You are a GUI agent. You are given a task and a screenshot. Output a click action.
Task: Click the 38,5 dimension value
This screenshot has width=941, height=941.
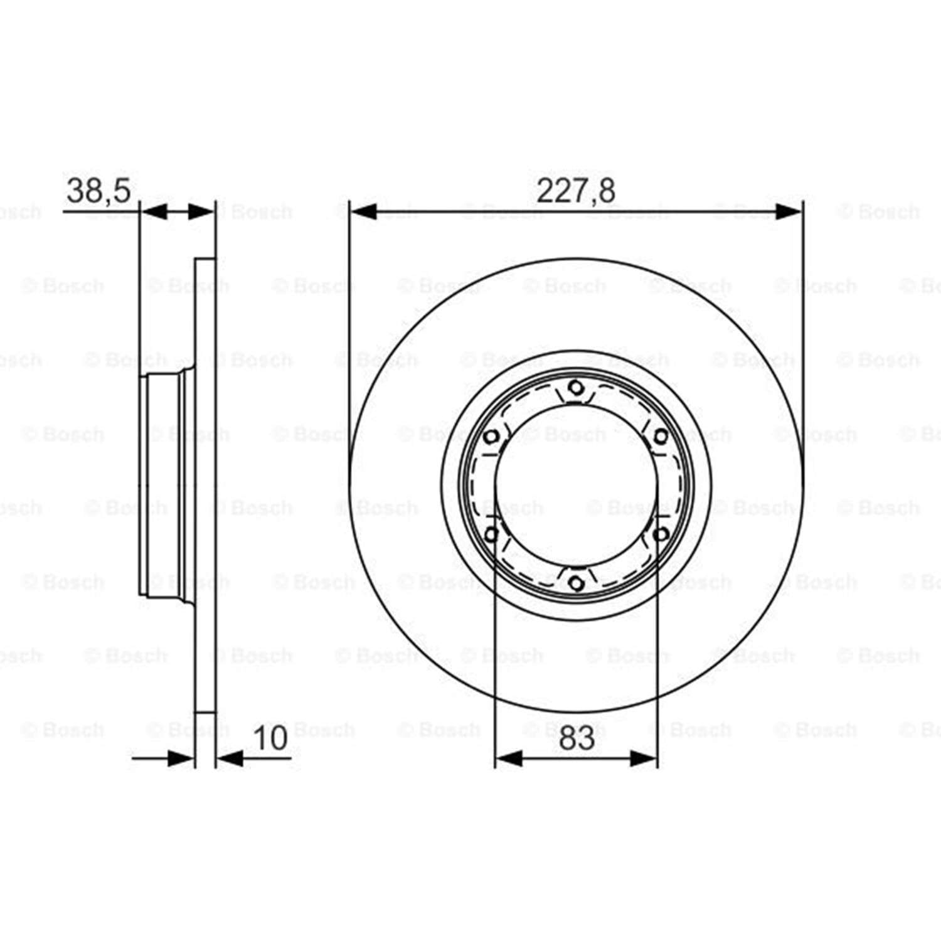(x=98, y=190)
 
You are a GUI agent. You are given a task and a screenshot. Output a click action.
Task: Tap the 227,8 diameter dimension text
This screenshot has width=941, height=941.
(x=576, y=190)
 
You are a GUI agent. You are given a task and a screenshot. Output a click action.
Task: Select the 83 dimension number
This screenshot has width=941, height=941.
(x=577, y=738)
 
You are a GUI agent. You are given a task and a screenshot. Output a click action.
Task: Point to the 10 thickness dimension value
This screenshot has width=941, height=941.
(x=270, y=738)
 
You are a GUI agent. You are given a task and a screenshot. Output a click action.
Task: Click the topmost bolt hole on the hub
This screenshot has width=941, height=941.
(x=576, y=388)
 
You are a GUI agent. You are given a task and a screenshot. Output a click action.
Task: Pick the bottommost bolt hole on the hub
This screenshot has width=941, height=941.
(x=576, y=583)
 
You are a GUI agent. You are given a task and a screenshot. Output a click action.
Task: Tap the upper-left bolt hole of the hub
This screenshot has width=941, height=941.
(x=492, y=437)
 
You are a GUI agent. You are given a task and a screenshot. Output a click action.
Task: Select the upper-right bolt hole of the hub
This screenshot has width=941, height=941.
(x=661, y=437)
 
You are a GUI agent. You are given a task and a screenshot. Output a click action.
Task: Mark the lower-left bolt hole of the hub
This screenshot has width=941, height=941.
(x=492, y=534)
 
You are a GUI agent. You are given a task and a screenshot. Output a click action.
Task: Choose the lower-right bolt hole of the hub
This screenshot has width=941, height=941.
(x=661, y=534)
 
